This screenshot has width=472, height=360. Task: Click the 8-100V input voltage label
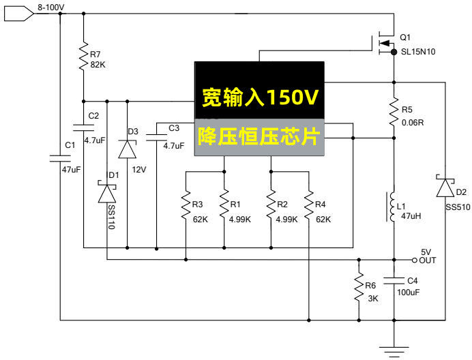50,7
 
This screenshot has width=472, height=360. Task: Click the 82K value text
99,65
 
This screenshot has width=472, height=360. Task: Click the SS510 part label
457,207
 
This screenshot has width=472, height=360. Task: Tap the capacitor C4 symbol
394,280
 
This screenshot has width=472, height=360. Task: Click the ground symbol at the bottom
394,348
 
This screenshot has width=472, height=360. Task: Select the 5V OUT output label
427,256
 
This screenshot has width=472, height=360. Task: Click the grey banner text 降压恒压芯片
259,136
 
